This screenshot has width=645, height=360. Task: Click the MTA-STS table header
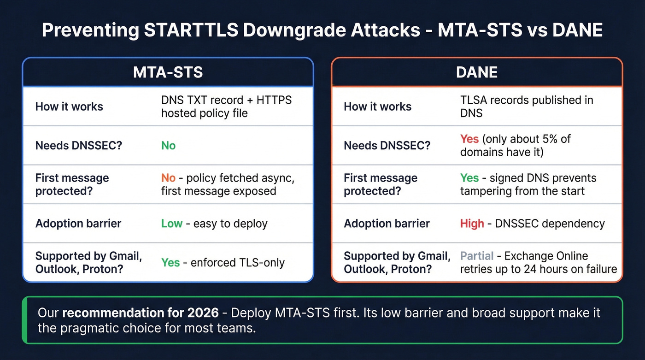click(x=168, y=72)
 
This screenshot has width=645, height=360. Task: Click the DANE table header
click(x=477, y=72)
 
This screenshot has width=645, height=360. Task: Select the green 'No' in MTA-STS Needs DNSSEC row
click(x=168, y=146)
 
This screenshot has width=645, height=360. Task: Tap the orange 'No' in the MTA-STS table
click(x=168, y=178)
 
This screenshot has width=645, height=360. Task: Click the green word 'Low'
click(x=172, y=224)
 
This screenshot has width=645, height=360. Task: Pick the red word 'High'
click(x=472, y=224)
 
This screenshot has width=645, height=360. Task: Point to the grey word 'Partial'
click(x=477, y=256)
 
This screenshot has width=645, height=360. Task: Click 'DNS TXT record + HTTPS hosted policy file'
click(x=226, y=106)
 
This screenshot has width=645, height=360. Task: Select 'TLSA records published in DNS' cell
click(x=526, y=106)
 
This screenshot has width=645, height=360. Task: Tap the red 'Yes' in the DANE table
click(x=469, y=139)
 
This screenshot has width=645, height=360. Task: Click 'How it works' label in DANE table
click(x=377, y=106)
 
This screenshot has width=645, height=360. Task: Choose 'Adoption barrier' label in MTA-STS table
click(x=78, y=224)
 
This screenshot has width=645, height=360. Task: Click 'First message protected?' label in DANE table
click(x=381, y=184)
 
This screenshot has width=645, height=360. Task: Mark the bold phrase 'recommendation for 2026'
click(x=141, y=313)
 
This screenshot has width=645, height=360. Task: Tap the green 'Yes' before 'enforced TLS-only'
click(x=170, y=263)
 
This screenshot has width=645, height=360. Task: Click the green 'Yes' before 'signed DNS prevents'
click(x=469, y=178)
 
